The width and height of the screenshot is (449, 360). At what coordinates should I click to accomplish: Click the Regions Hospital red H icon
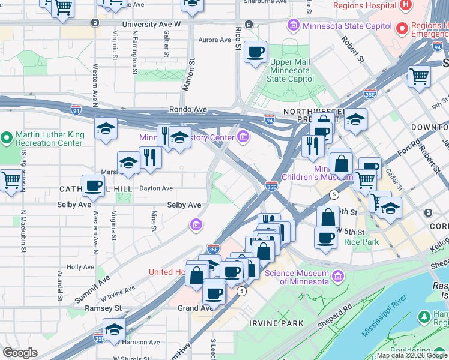click(406, 5)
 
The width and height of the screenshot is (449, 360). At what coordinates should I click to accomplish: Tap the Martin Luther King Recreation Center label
click(49, 139)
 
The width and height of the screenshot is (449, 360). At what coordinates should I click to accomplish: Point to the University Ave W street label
click(151, 25)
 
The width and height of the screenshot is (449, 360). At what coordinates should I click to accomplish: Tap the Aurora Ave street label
click(215, 40)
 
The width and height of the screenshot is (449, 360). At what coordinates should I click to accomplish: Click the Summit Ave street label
click(92, 289)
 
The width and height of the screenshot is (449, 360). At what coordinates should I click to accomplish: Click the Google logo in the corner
click(20, 353)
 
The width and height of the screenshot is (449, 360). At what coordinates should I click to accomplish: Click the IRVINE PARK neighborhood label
click(276, 323)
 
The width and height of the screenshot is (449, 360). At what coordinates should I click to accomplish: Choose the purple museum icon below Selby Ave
click(196, 226)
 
